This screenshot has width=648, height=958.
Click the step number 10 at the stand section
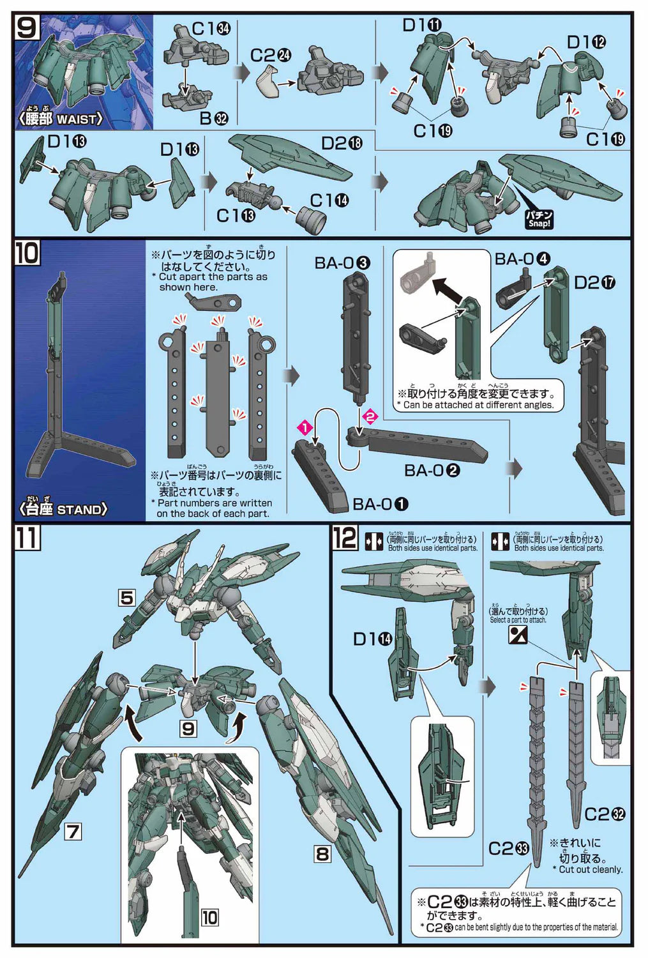coord(27,253)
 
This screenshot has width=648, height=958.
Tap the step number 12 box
coord(345,537)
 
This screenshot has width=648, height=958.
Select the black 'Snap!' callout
coord(539,219)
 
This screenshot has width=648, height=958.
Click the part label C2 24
coord(271,56)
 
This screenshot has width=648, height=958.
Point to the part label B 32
coord(214,118)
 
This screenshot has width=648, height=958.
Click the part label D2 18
coord(341,143)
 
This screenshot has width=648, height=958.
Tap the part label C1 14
coord(329,201)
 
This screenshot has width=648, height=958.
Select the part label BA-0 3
coord(342,262)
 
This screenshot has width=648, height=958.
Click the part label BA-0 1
coord(380,504)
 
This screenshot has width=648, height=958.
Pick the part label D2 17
coord(594,282)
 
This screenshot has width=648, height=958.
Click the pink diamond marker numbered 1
coord(305,427)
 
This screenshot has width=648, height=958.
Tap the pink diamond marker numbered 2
coord(370,416)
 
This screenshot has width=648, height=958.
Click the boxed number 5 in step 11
coord(126,598)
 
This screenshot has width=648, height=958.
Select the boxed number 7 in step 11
coord(73,832)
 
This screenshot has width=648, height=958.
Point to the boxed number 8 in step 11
coord(322,853)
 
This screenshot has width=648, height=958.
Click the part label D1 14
coord(373,639)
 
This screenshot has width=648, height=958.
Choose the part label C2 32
coord(605,814)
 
